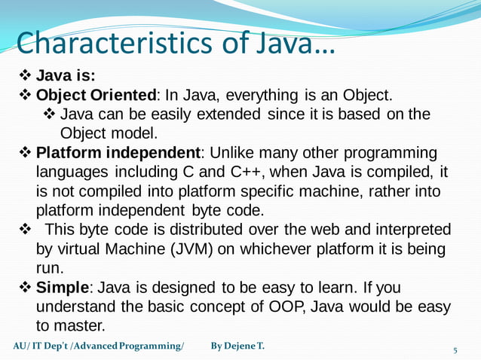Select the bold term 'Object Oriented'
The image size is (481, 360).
(96, 96)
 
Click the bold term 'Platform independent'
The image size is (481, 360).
(117, 153)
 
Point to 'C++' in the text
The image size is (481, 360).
(253, 172)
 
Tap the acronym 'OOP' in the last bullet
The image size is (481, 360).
(284, 307)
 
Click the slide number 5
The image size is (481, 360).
(455, 350)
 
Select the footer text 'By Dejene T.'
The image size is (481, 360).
(237, 346)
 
